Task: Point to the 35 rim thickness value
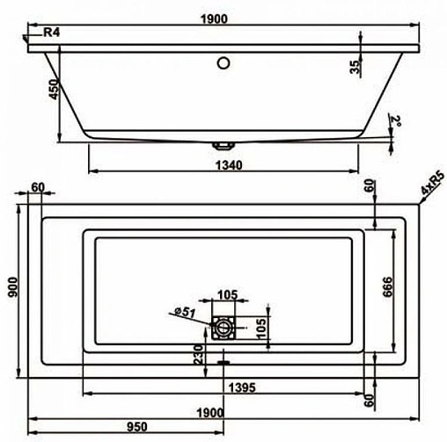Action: pyautogui.click(x=355, y=67)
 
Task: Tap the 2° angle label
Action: pyautogui.click(x=397, y=120)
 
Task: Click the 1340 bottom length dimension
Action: pyautogui.click(x=226, y=164)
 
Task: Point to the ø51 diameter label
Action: pyautogui.click(x=183, y=310)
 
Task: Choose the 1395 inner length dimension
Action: pyautogui.click(x=228, y=388)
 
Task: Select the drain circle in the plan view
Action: pyautogui.click(x=223, y=328)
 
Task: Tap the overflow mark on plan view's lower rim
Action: pyautogui.click(x=223, y=360)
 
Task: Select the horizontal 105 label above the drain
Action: pyautogui.click(x=227, y=294)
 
